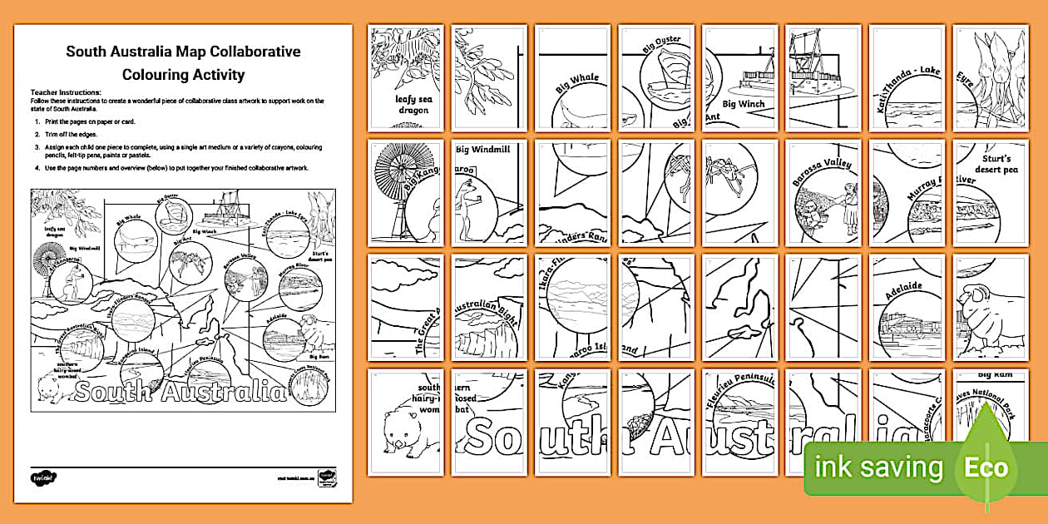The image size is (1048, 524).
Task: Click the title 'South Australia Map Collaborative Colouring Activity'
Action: click(x=183, y=63)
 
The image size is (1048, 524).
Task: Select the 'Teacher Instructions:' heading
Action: click(x=66, y=92)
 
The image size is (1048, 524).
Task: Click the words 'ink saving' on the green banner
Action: click(x=878, y=467)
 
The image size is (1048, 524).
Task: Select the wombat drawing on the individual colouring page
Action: click(x=403, y=431)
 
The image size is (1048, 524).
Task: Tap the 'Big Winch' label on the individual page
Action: click(x=742, y=104)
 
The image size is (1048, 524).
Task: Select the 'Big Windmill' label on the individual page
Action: click(x=483, y=150)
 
